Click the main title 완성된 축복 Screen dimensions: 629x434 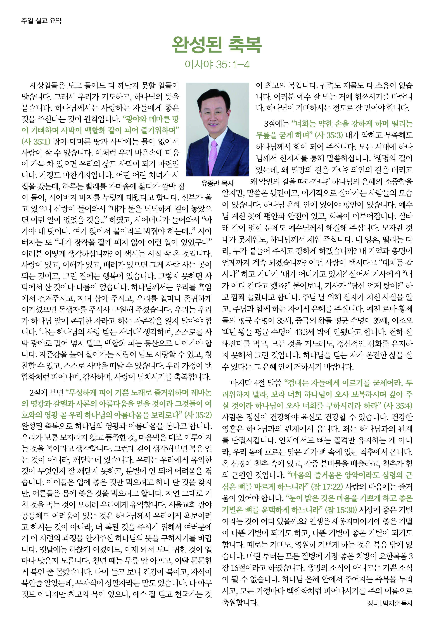point(217,45)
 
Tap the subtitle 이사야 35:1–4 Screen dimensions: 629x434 point(217,64)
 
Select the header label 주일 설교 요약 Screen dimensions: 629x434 point(41,20)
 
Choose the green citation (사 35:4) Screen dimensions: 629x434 point(398,406)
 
